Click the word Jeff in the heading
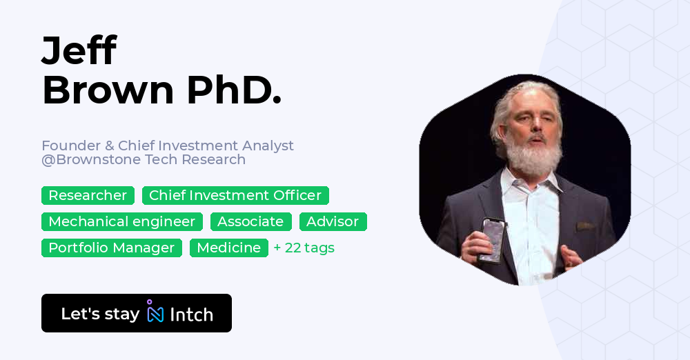(x=79, y=51)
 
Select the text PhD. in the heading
(x=233, y=90)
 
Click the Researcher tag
(x=88, y=196)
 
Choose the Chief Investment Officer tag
(x=235, y=196)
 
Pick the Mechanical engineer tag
(x=122, y=222)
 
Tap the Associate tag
(x=251, y=222)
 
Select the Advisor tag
(x=333, y=222)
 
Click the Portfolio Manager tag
(x=112, y=248)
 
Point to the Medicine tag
(x=229, y=248)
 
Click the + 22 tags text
(x=304, y=248)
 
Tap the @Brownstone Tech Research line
(x=144, y=160)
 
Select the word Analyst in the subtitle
(x=268, y=146)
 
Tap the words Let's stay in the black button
(x=100, y=314)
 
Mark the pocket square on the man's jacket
(x=586, y=226)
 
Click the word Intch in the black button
(x=191, y=315)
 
